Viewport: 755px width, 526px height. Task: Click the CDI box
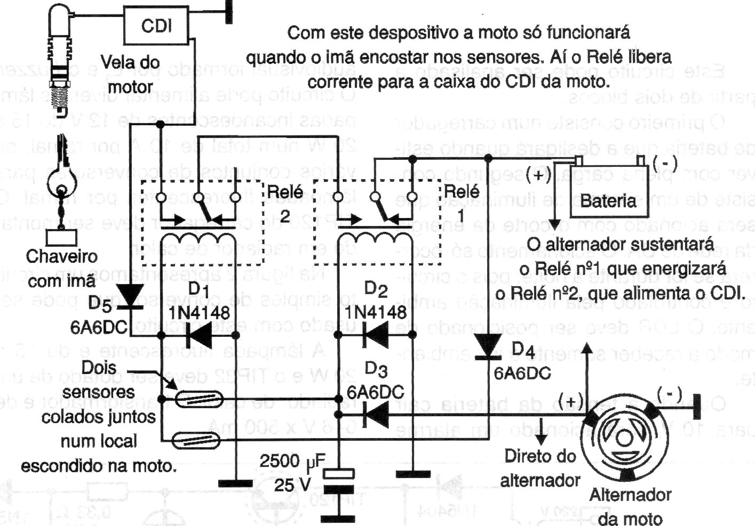point(157,26)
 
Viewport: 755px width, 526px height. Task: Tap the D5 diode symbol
point(129,296)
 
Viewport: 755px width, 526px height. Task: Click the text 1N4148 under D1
point(198,312)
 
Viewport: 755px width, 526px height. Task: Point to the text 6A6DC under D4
point(522,373)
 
